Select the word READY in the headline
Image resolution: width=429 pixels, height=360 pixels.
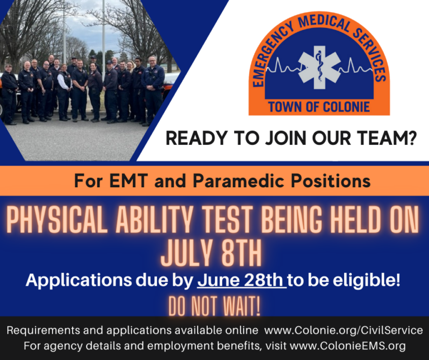click(x=193, y=139)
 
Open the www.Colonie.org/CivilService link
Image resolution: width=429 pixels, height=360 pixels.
click(x=343, y=331)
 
